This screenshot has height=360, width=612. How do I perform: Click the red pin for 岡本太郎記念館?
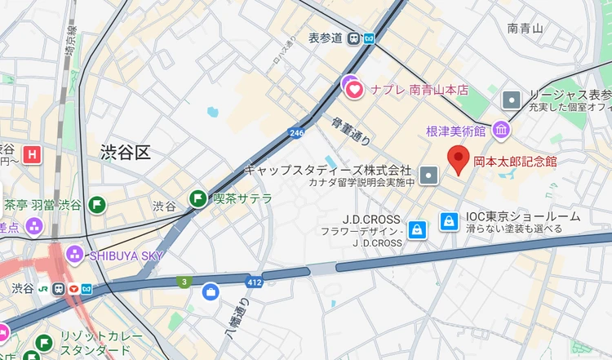pyautogui.click(x=459, y=160)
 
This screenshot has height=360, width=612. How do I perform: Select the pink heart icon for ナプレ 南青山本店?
pyautogui.click(x=355, y=89)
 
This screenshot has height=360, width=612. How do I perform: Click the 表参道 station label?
pyautogui.click(x=324, y=38)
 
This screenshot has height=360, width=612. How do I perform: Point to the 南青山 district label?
pyautogui.click(x=525, y=29)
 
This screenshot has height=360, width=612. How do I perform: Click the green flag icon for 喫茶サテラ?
pyautogui.click(x=197, y=198)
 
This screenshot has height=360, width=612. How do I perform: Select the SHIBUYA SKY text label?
pyautogui.click(x=126, y=256)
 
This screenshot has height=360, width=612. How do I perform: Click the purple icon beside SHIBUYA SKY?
pyautogui.click(x=74, y=255)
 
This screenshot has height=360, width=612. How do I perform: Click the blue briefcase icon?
pyautogui.click(x=211, y=291)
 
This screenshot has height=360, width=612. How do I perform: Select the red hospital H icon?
pyautogui.click(x=33, y=153)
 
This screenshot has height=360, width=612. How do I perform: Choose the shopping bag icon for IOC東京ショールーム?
pyautogui.click(x=448, y=221)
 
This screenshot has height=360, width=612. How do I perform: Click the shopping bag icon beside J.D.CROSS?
pyautogui.click(x=416, y=229)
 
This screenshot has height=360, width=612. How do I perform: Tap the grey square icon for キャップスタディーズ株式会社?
pyautogui.click(x=429, y=175)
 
